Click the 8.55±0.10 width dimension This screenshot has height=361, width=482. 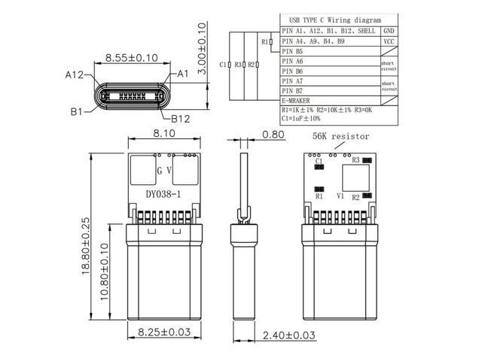pos(130,56)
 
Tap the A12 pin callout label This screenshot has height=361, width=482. pos(74,74)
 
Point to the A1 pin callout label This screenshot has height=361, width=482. pos(182,74)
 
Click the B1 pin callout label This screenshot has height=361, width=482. pos(76,111)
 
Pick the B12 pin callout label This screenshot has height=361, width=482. pos(180,118)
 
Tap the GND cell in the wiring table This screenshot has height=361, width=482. pos(389,32)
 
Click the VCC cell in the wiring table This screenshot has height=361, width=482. pos(389,42)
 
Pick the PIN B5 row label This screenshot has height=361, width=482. pos(292,51)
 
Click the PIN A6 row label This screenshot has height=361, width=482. pos(292,61)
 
